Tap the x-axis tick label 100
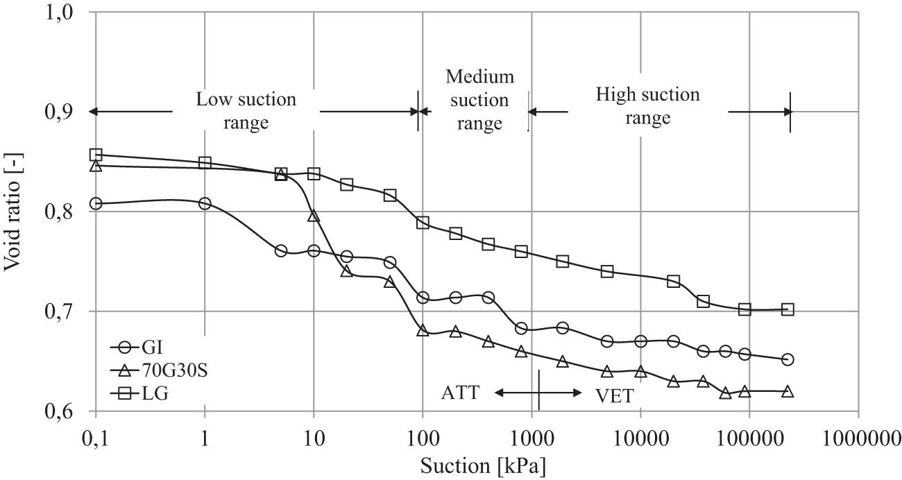pyautogui.click(x=423, y=438)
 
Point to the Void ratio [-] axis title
pyautogui.click(x=15, y=212)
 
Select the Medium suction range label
pyautogui.click(x=479, y=100)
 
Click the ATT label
pyautogui.click(x=460, y=393)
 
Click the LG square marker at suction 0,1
pyautogui.click(x=96, y=154)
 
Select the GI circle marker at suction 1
pyautogui.click(x=205, y=203)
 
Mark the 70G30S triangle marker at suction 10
pyautogui.click(x=314, y=216)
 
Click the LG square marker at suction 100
pyautogui.click(x=423, y=223)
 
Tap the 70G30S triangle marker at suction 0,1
pyautogui.click(x=96, y=166)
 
